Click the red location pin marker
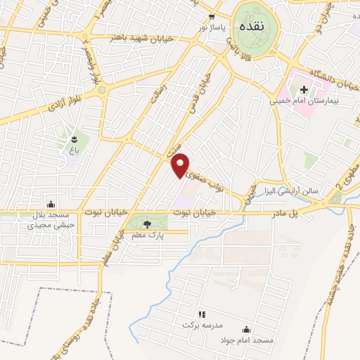point(181,165)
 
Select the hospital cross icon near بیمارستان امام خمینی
point(304,89)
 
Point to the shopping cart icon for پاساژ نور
point(211,15)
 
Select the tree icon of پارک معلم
point(147,224)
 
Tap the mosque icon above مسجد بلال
point(49,204)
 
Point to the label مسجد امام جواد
point(247,340)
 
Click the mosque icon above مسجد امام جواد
point(247,328)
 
